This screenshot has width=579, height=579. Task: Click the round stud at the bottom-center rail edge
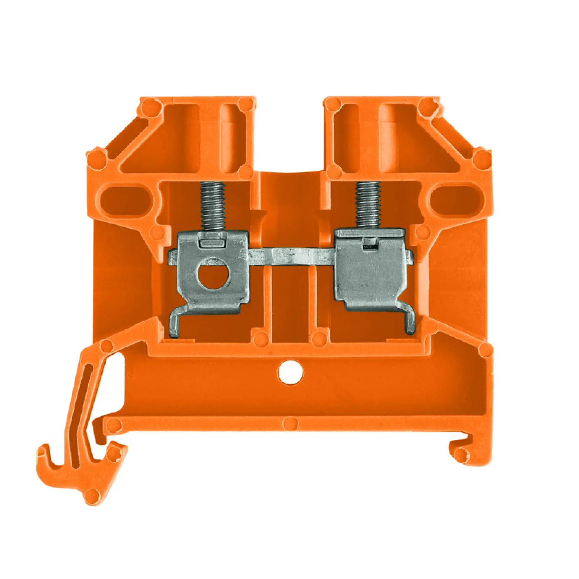point(290,424)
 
